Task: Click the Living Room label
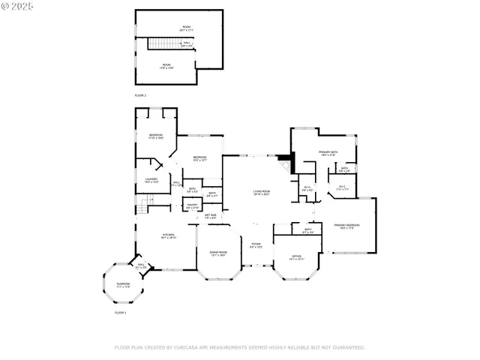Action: point(261,193)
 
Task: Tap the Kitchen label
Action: point(169,236)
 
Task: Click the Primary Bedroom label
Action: point(346,226)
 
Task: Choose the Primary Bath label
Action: point(327,153)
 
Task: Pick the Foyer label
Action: point(256,245)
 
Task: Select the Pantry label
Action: point(192,206)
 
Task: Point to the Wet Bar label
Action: point(211,217)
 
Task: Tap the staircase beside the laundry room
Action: point(146,199)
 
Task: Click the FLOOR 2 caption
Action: point(140,96)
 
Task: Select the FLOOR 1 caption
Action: point(120,312)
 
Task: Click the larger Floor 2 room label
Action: point(186,28)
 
